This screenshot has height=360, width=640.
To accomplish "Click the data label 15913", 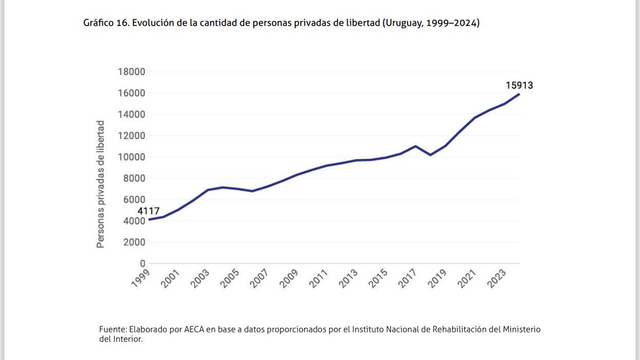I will coord(519,85).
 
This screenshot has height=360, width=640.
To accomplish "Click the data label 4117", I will coord(149,211).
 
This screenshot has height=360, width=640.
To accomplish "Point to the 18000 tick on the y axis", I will coord(131,72).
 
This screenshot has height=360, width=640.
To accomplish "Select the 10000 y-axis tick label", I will coord(131,157).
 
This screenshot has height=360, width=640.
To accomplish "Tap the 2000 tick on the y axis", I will coord(134,242).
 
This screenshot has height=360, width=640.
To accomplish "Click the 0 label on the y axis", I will coord(142,263).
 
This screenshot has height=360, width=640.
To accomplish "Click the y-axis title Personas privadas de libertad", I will coord(100,184).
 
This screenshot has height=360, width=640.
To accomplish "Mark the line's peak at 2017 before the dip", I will coord(415,146).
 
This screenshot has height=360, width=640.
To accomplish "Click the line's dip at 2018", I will coord(430,155).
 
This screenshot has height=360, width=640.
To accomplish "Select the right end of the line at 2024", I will coord(519,94).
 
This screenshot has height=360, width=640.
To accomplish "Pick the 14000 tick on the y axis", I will coord(131,114).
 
